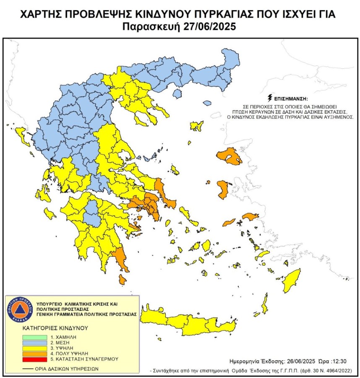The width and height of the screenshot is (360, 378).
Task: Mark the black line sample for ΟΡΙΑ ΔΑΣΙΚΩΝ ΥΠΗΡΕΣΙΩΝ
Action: (x=28, y=369)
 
